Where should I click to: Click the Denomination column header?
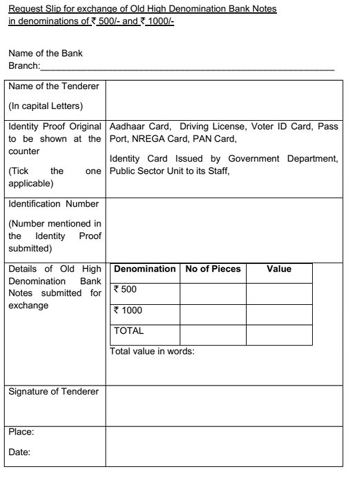(145, 269)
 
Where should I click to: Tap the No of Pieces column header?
(213, 269)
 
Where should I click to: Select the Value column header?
(279, 269)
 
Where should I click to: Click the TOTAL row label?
(129, 330)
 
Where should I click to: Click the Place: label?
(21, 432)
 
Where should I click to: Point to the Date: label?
(20, 452)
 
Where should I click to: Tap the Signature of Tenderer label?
(53, 392)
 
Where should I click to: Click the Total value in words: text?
(152, 351)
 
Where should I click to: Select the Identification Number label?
(53, 204)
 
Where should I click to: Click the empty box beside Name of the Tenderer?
(224, 99)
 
